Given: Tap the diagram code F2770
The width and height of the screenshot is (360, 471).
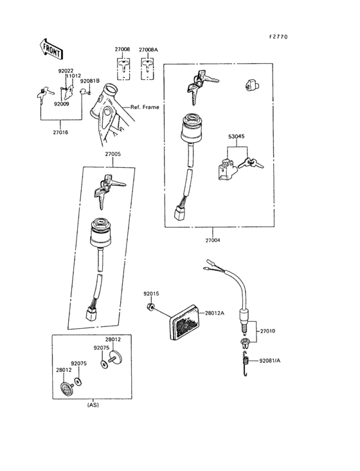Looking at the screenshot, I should point(278,37).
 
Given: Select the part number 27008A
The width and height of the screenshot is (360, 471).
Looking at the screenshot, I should point(148,49).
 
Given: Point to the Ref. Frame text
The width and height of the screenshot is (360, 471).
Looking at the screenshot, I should point(145,107).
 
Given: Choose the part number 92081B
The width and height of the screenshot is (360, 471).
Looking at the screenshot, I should point(90,81).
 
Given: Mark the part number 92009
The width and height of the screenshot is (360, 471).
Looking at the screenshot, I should point(61,104).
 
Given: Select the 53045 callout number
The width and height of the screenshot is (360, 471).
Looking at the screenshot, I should point(237,137).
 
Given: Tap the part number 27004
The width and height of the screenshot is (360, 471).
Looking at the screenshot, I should point(212,240).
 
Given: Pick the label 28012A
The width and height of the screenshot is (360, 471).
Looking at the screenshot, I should point(215,313).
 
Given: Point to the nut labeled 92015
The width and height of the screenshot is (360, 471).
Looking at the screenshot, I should point(150,308).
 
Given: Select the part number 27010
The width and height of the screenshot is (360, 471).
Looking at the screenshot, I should point(267,331).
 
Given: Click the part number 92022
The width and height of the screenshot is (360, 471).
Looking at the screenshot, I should point(66,70).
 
